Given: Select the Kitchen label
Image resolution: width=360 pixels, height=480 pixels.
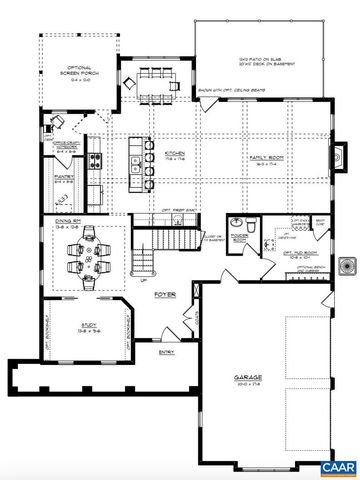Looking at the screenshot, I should point(173,155).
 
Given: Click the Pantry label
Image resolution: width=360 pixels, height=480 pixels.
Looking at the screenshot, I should point(62,180).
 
